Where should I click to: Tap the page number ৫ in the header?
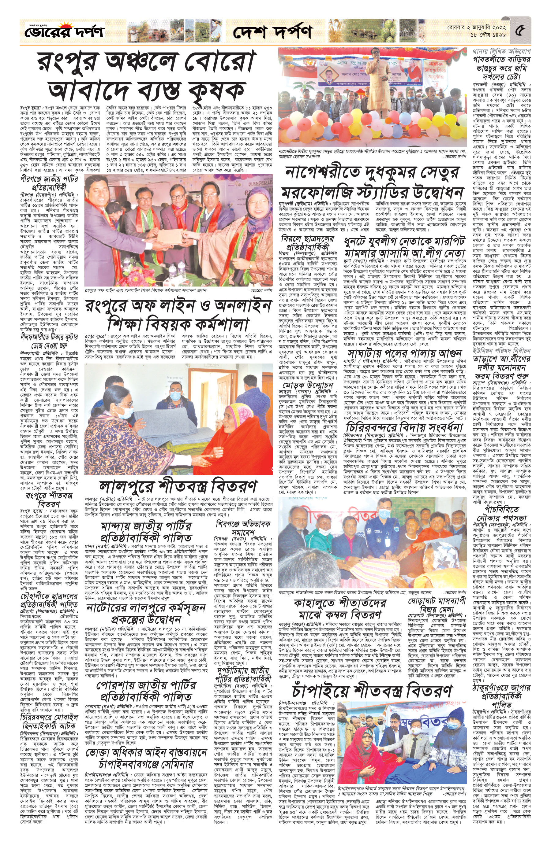coord(520,31)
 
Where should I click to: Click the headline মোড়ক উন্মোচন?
coord(308,385)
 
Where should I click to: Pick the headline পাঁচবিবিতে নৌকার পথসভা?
coord(501,512)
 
